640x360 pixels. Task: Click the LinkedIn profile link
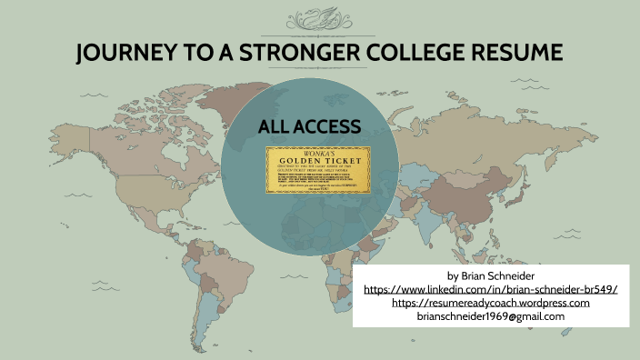(x=490, y=288)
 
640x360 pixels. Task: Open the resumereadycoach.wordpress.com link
(x=490, y=302)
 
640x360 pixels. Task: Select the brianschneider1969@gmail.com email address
(x=490, y=316)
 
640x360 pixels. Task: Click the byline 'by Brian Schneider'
(x=490, y=275)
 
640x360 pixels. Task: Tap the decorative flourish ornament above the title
(x=320, y=19)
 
